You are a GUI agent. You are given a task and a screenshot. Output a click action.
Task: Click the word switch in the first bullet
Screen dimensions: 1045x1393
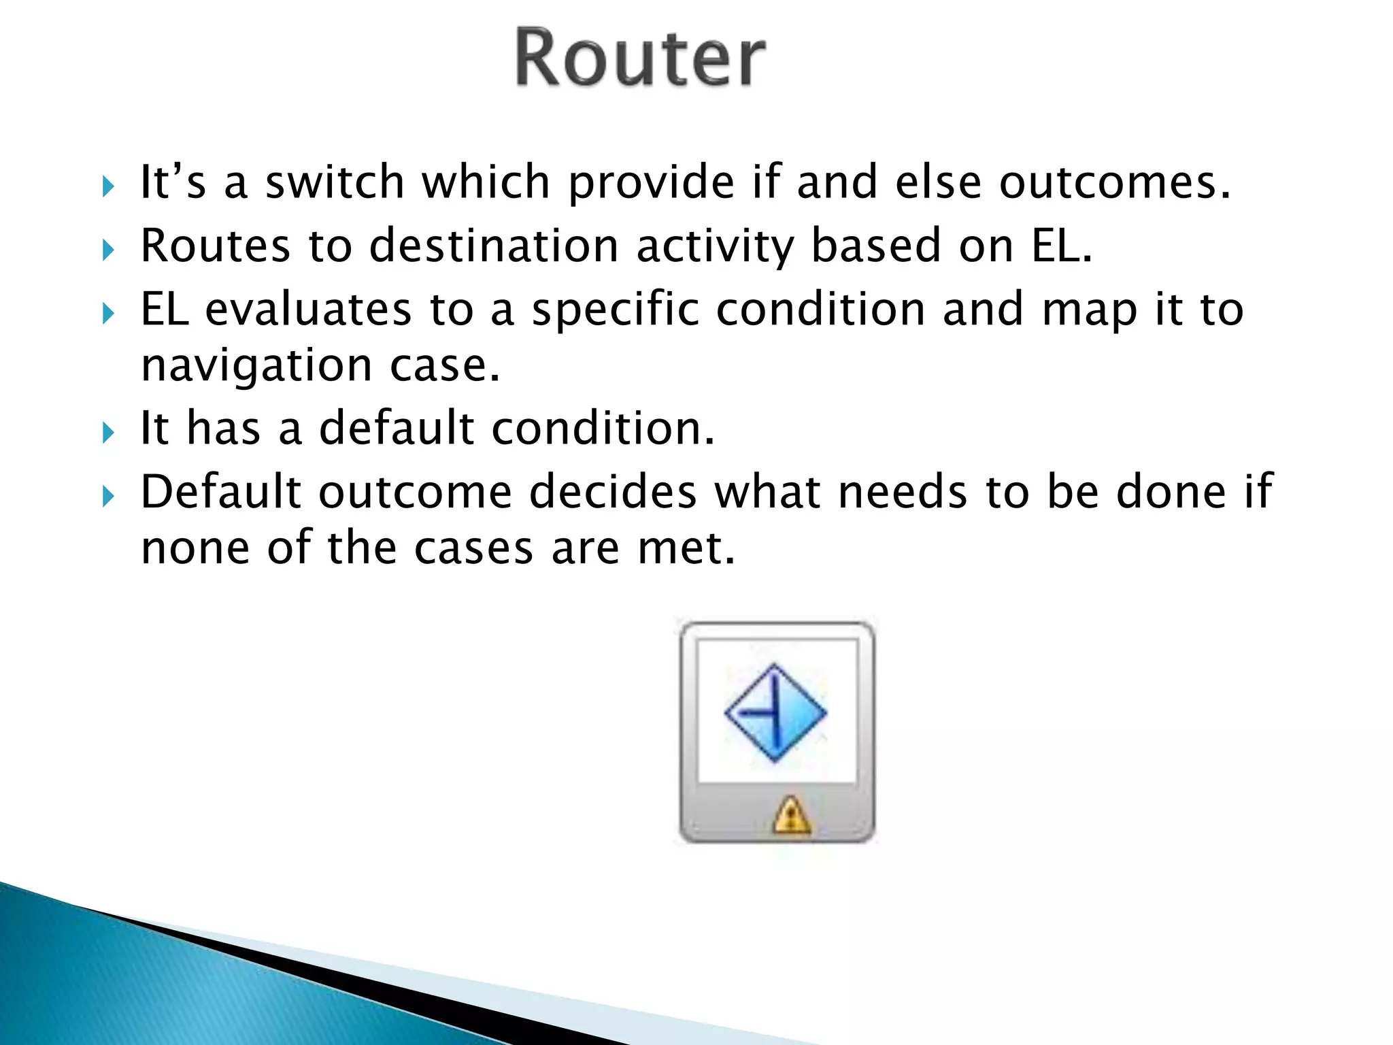[x=335, y=182]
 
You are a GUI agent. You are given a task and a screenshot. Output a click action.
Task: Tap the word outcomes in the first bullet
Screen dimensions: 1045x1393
[x=1115, y=182]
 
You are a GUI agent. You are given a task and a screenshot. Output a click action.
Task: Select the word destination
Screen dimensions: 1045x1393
[x=493, y=246]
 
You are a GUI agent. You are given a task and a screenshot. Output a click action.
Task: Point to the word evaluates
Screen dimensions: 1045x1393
[x=308, y=309]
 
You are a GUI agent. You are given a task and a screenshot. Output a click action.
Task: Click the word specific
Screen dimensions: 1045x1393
[x=615, y=309]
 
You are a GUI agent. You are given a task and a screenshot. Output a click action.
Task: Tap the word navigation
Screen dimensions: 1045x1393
[x=256, y=365]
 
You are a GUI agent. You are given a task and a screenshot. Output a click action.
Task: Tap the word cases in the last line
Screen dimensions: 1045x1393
[x=473, y=548]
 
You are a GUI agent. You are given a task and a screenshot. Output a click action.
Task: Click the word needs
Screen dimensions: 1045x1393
[x=903, y=491]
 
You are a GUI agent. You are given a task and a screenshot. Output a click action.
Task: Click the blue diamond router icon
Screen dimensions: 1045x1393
[x=775, y=712]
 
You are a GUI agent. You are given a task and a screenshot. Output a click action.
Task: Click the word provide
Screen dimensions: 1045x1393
[x=651, y=182]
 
